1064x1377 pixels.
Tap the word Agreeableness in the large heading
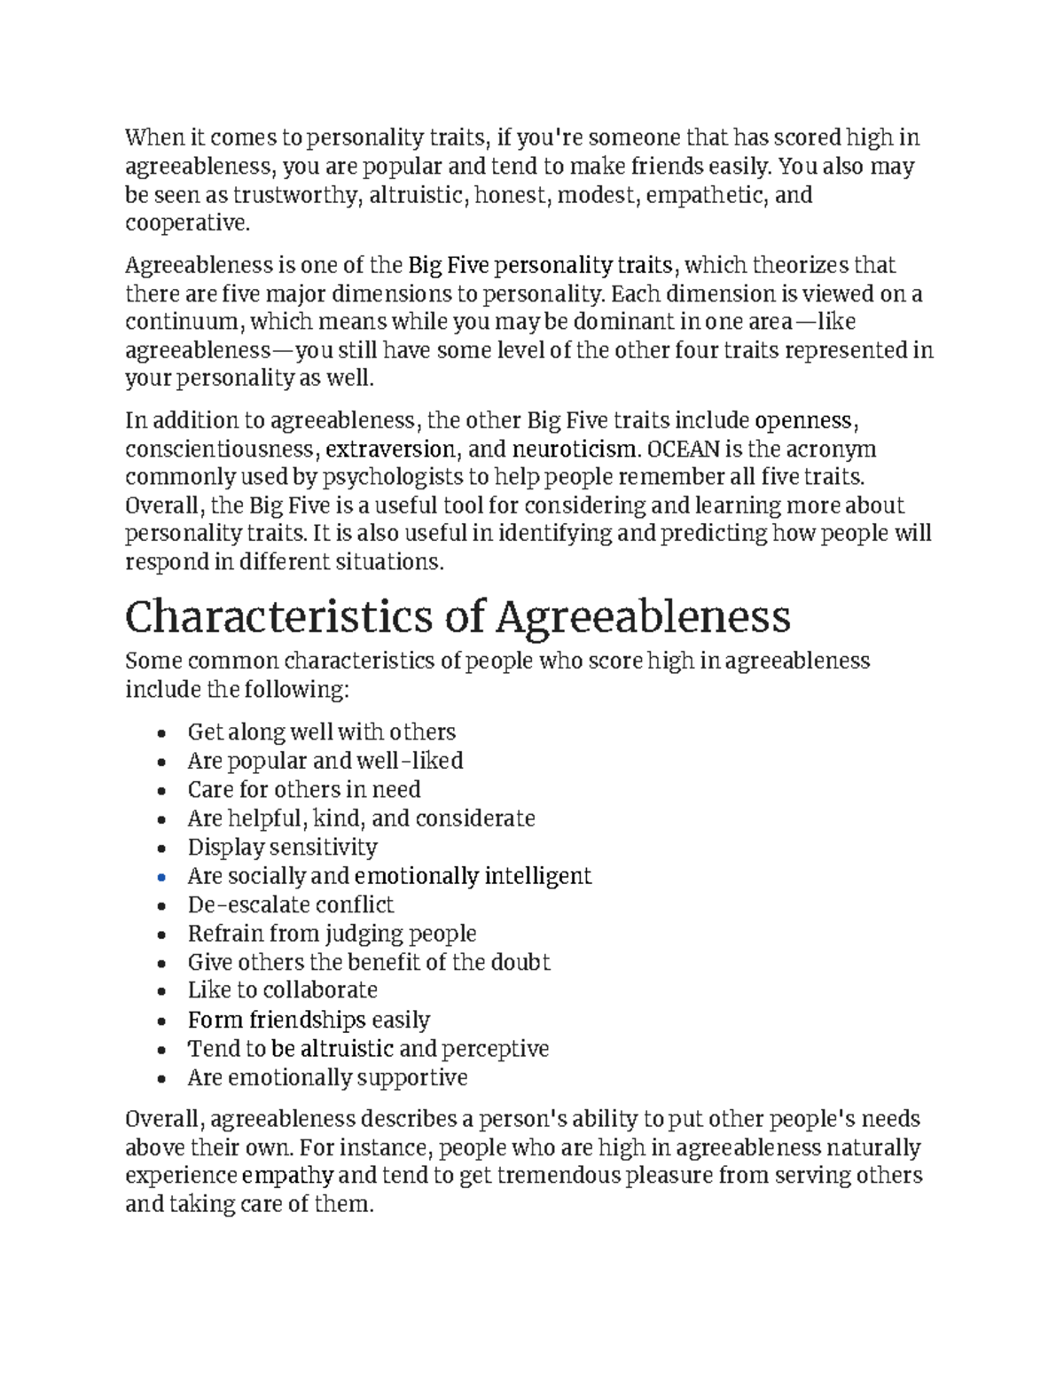click(x=643, y=617)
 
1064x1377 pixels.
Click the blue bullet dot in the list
click(x=160, y=878)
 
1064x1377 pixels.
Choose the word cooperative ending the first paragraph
click(x=187, y=223)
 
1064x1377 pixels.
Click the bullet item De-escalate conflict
click(x=290, y=905)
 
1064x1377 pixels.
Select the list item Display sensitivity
click(x=282, y=848)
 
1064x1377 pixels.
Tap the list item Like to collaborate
click(x=282, y=990)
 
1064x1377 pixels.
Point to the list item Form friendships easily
click(x=308, y=1021)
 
